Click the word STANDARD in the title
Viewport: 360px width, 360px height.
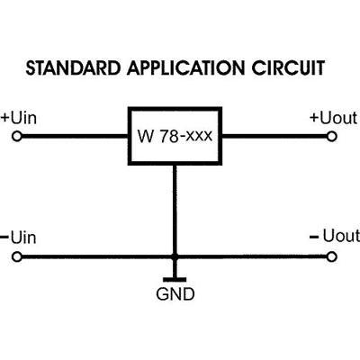point(67,68)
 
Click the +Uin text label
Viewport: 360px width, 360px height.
point(19,118)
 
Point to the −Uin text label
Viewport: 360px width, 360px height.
point(19,238)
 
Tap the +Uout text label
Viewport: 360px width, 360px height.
point(333,118)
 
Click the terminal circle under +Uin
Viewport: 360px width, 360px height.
point(16,137)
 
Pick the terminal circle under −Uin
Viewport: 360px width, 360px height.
point(16,256)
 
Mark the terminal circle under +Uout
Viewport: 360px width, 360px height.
point(331,137)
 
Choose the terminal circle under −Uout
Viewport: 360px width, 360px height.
point(331,256)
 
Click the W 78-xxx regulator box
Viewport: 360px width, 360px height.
point(175,137)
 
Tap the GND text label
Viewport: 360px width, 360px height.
point(175,293)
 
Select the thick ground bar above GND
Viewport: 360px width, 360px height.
point(175,278)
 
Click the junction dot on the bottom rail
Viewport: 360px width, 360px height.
point(175,256)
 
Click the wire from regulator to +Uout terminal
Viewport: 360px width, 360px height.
point(274,137)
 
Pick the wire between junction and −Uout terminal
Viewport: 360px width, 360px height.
point(252,256)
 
